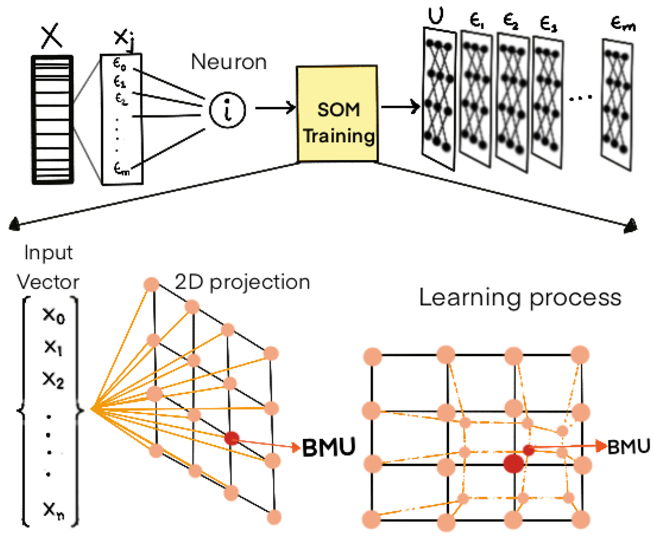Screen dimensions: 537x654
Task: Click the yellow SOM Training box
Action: [x=338, y=115]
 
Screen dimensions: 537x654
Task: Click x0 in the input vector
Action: [x=53, y=318]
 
